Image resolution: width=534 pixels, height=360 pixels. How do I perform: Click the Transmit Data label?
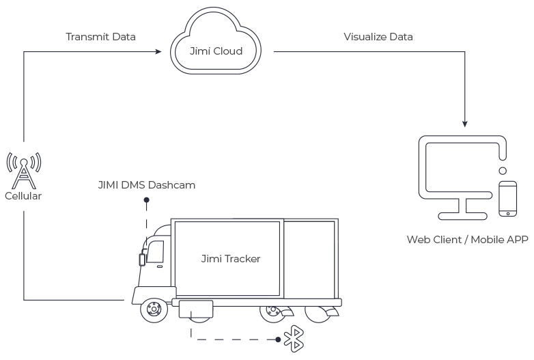[x=100, y=36]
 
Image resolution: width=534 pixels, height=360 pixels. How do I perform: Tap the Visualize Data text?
[x=378, y=36]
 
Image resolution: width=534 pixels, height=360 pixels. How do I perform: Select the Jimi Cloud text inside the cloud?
[x=216, y=51]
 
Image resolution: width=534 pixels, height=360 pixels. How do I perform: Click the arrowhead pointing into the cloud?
[x=165, y=51]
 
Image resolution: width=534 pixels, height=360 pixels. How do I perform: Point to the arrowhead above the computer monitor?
[x=465, y=124]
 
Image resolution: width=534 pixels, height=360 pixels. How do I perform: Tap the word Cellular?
[x=23, y=196]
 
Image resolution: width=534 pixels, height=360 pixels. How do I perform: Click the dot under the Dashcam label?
[x=145, y=201]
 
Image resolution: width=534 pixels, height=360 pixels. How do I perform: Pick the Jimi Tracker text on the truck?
[x=231, y=259]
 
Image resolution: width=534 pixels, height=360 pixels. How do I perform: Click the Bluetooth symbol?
[x=294, y=337]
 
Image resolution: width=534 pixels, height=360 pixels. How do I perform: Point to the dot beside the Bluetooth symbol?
[x=277, y=337]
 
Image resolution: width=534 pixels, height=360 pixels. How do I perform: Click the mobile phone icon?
[x=508, y=199]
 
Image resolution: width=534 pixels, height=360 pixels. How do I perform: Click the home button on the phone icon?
[x=508, y=212]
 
